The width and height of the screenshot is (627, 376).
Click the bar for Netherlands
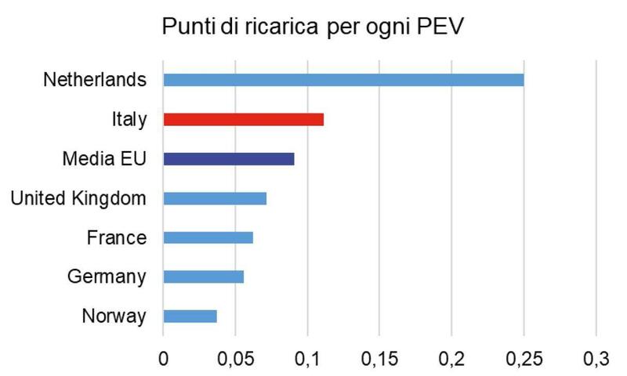pos(343,80)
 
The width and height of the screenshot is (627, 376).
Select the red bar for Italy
pos(243,119)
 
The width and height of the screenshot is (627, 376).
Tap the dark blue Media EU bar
pos(228,159)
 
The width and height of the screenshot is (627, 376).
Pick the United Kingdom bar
pos(215,198)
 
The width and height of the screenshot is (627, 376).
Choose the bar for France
pos(208,237)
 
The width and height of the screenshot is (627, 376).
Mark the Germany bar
pos(203,277)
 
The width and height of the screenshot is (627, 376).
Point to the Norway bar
pos(190,316)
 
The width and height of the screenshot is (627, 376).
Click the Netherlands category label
pos(95,80)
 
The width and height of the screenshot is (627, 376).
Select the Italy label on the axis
pos(129,120)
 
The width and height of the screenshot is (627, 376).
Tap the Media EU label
pos(104,159)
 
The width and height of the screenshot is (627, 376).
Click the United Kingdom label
pos(78,198)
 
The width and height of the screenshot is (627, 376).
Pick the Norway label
pos(114,316)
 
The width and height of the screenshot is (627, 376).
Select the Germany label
pos(107,277)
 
